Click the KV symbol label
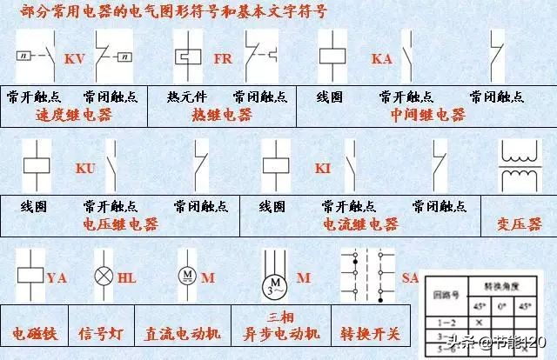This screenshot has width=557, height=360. coord(74,58)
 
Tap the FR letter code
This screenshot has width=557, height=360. coord(222,58)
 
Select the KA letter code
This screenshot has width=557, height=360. coord(382,58)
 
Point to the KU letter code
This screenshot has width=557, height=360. coord(85,168)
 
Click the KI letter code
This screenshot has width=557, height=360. coord(323,168)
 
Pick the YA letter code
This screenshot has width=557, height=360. coord(57,278)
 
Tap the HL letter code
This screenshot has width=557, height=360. coord(126,278)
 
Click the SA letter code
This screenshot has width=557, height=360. coord(411,277)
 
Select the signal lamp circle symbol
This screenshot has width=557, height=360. coord(103,277)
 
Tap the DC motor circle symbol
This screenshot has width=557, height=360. coord(186,277)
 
